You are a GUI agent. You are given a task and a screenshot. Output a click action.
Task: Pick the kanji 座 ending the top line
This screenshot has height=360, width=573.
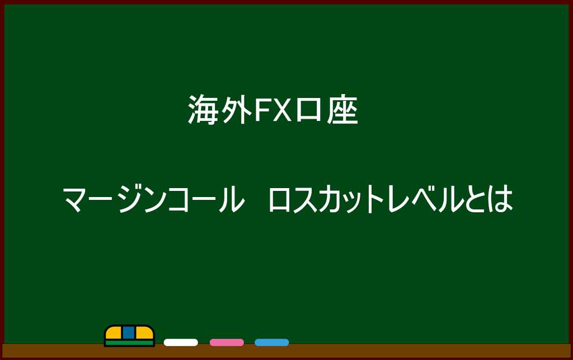(x=342, y=110)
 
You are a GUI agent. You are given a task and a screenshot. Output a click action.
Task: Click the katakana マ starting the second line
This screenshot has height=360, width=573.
(x=76, y=199)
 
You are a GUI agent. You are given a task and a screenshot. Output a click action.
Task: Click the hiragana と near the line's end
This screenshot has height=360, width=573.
(x=475, y=199)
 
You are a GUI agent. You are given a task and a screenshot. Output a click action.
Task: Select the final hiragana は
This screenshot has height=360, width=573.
(x=499, y=199)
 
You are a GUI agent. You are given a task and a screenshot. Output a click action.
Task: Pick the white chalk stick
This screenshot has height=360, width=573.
(x=181, y=343)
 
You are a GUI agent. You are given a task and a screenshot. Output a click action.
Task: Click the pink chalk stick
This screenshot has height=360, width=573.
(x=227, y=343)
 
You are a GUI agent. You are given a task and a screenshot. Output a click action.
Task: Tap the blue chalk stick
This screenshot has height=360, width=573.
(x=272, y=343)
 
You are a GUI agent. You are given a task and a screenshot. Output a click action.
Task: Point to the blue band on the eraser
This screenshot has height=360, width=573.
(x=129, y=333)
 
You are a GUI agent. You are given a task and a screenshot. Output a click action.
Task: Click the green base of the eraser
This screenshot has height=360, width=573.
(x=129, y=343)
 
